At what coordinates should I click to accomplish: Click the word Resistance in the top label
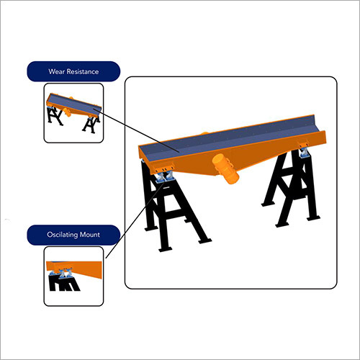point(83,71)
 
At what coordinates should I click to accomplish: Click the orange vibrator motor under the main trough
point(226,169)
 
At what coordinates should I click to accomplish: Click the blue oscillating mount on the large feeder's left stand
point(164,177)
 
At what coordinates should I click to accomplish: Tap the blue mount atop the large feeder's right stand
point(304,153)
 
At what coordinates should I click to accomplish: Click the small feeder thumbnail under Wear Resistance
point(73,113)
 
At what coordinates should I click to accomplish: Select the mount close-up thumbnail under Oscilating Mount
point(74,276)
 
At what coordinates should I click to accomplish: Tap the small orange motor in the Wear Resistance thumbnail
point(67,112)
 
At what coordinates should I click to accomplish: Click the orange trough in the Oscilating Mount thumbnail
point(74,269)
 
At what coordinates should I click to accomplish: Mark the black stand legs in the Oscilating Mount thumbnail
point(63,284)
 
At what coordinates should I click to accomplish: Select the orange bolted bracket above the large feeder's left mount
point(163,167)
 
